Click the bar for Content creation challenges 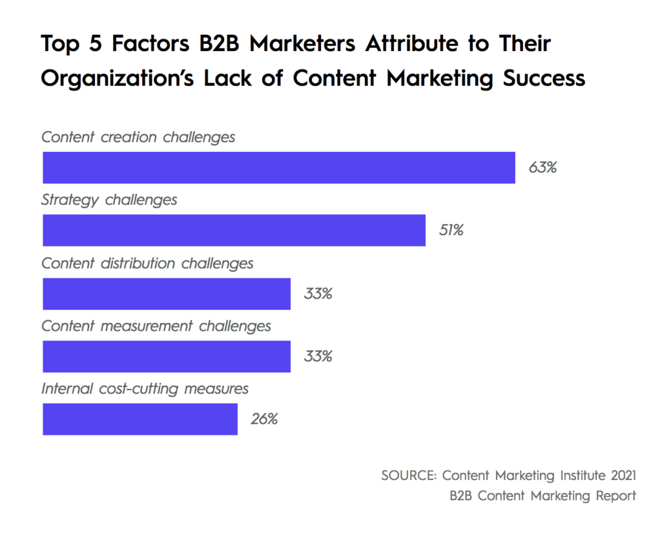(x=278, y=168)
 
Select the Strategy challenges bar (x=234, y=230)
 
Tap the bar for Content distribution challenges (x=166, y=293)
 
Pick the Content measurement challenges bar (x=166, y=356)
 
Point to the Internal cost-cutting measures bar (x=140, y=419)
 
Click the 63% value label (x=543, y=168)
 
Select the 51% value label (x=451, y=230)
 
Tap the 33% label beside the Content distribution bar (x=318, y=293)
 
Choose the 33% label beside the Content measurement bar (x=318, y=356)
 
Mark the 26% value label (x=264, y=419)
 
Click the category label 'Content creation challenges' (x=138, y=138)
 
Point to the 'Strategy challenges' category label (x=109, y=200)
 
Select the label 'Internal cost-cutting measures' (x=145, y=388)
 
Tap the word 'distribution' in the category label (x=140, y=263)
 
